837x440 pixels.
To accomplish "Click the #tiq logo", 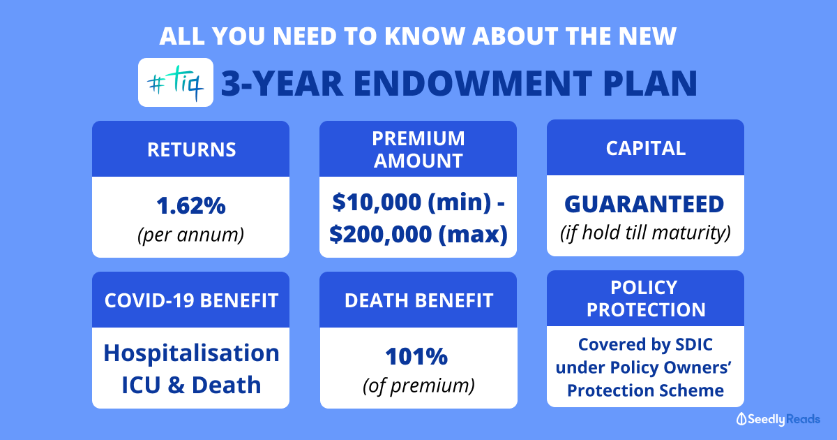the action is (176, 82).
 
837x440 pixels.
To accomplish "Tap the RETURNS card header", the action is (190, 149).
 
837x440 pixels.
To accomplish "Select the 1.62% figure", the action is (191, 205).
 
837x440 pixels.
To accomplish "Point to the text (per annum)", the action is (190, 235).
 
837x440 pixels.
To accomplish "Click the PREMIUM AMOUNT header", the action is (418, 149).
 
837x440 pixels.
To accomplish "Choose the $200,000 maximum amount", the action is (380, 235).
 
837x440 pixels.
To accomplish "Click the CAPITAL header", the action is (645, 147).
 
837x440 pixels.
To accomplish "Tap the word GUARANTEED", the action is (644, 204).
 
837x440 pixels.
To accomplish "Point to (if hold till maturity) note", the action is (645, 233).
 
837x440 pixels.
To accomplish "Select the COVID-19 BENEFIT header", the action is (190, 300).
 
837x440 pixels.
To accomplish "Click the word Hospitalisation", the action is (191, 353).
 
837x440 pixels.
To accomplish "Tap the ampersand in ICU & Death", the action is (176, 385).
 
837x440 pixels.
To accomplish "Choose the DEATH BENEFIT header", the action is (418, 300).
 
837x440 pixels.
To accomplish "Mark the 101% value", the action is (416, 356).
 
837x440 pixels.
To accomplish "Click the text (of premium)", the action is (418, 386).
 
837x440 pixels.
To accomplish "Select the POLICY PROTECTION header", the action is (645, 298).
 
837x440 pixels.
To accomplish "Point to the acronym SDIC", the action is (694, 344).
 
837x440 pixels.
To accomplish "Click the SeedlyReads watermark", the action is (778, 419).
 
